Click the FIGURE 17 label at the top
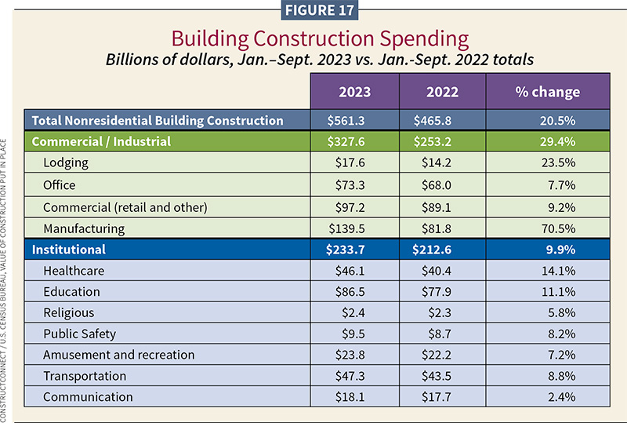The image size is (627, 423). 313,11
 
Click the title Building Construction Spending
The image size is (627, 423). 313,38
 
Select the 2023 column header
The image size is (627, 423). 354,92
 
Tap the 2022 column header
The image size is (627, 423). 442,92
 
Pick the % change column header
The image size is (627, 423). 549,92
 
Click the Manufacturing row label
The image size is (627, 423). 83,228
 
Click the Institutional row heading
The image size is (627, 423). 68,250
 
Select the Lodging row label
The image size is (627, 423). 66,164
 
